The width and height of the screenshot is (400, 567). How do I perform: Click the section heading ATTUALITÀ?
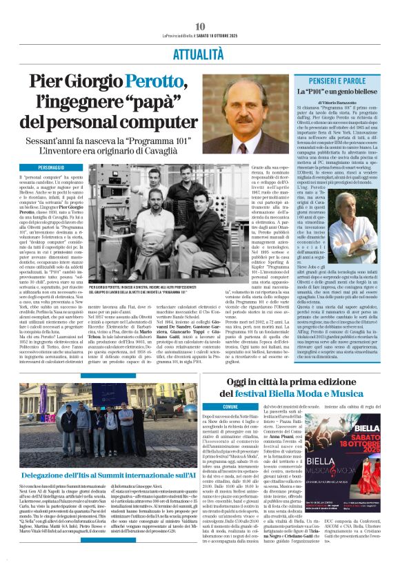click(x=200, y=52)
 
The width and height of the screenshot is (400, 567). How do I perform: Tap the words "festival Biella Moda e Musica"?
click(x=301, y=393)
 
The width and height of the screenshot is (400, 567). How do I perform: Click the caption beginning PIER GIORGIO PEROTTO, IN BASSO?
click(x=148, y=290)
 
